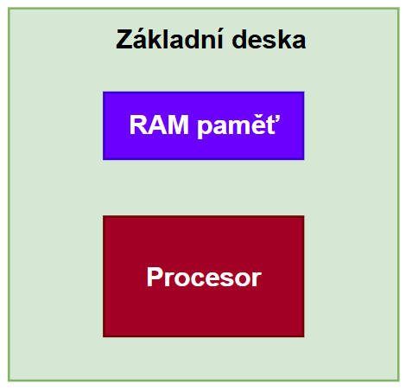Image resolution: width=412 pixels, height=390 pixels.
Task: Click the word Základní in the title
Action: pyautogui.click(x=170, y=39)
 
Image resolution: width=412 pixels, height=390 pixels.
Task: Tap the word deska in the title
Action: pyautogui.click(x=269, y=39)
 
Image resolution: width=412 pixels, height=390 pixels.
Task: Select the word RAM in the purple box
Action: pyautogui.click(x=159, y=125)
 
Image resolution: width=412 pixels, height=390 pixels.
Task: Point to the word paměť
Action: pyautogui.click(x=238, y=125)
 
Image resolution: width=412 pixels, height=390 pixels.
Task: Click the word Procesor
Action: pyautogui.click(x=204, y=277)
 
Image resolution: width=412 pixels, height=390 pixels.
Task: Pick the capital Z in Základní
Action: pyautogui.click(x=124, y=39)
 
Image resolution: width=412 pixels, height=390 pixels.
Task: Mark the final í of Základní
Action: pyautogui.click(x=220, y=39)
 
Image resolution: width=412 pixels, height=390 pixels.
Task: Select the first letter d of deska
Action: pyautogui.click(x=240, y=39)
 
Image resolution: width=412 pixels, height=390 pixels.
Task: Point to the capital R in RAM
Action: pyautogui.click(x=139, y=125)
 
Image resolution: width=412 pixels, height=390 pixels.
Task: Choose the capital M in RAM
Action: pyautogui.click(x=179, y=125)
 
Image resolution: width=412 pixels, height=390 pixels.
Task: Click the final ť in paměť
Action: pyautogui.click(x=273, y=125)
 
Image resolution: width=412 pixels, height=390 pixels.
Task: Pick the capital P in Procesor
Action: pyautogui.click(x=155, y=277)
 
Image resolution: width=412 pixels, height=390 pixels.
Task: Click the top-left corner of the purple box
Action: pyautogui.click(x=103, y=92)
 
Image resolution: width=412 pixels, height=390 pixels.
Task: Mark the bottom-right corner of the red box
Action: pyautogui.click(x=304, y=337)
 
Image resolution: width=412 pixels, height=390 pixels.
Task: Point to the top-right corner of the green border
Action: pyautogui.click(x=399, y=8)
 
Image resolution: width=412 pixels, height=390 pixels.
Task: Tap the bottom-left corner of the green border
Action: pyautogui.click(x=9, y=381)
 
